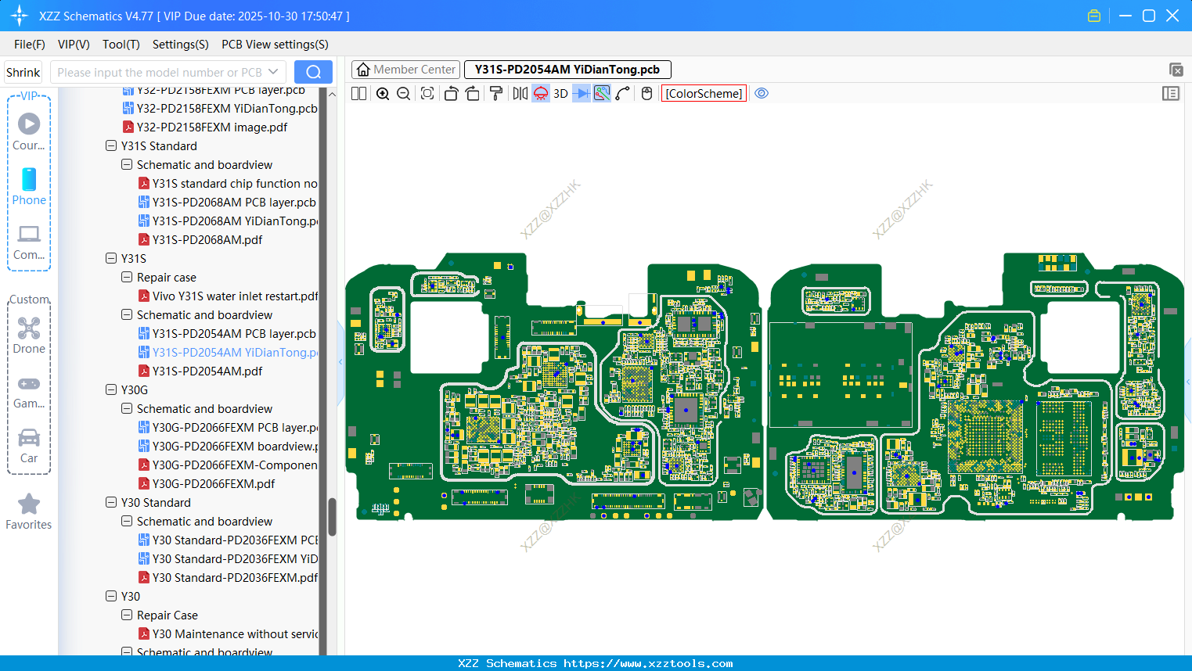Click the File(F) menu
[29, 45]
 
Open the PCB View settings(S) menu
[275, 45]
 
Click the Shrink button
[23, 73]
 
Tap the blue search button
[313, 73]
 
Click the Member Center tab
[406, 70]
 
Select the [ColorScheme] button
[704, 94]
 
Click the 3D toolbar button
[560, 94]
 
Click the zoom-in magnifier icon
[383, 94]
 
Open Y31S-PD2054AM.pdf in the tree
[207, 371]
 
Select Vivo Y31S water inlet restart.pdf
[235, 296]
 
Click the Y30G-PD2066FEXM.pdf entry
[213, 484]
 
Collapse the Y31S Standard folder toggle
[111, 146]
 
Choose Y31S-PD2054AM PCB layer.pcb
[233, 334]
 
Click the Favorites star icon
[29, 504]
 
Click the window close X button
[1172, 16]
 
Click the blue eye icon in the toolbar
[762, 94]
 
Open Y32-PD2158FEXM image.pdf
[211, 127]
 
